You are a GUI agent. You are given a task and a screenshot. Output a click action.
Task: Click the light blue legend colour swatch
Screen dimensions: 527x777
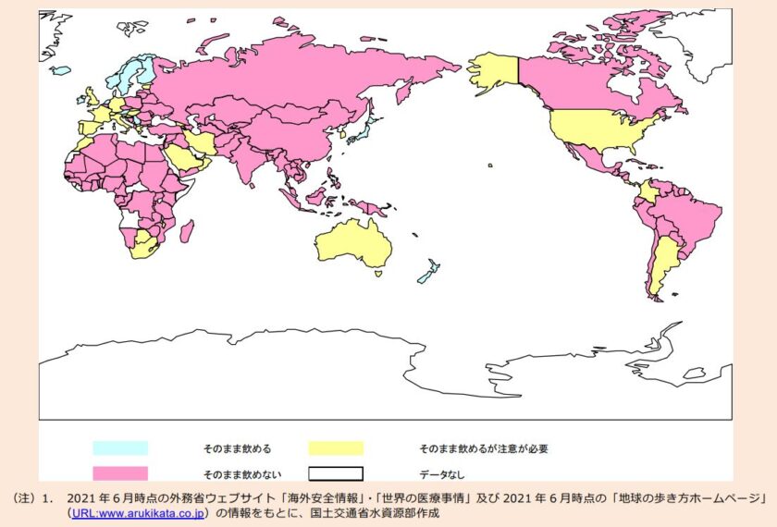coord(119,448)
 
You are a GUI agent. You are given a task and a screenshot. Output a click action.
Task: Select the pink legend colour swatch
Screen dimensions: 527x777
coord(119,473)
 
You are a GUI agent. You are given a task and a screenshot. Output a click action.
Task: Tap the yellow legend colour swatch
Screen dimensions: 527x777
coord(336,448)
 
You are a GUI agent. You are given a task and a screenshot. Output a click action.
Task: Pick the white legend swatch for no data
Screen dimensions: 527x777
coord(336,473)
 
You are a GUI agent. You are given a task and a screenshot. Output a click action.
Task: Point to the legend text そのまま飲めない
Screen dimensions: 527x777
coord(237,474)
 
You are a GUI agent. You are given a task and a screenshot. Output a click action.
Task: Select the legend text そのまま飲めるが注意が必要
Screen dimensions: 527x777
coord(484,449)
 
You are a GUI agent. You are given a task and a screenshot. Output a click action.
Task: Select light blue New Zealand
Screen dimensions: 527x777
coord(426,274)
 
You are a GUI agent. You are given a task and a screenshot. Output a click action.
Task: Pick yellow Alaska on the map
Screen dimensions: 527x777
coord(492,69)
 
